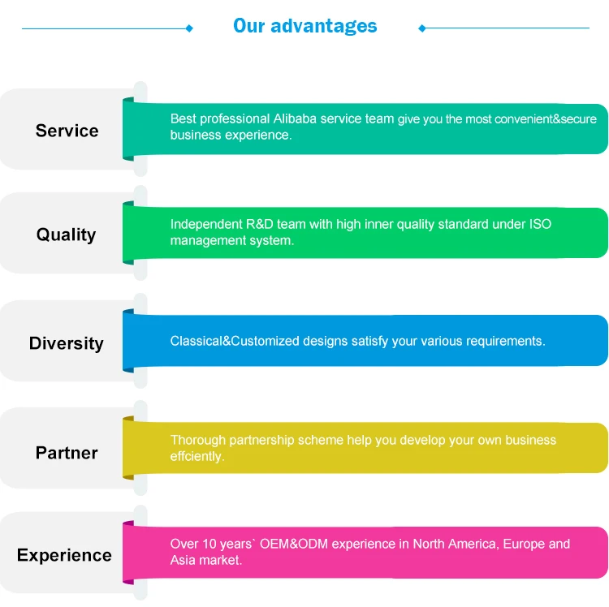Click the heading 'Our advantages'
coord(304,26)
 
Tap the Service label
coord(67,131)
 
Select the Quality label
coord(66,235)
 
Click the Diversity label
coord(66,343)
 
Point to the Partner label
coord(67,453)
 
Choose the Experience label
coord(64,556)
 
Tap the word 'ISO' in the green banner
coord(541,224)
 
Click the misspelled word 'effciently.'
coord(197,457)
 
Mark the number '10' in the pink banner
coord(208,544)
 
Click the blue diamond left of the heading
coord(189,28)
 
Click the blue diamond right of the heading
coord(421,28)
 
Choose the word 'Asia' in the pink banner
coord(184,560)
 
